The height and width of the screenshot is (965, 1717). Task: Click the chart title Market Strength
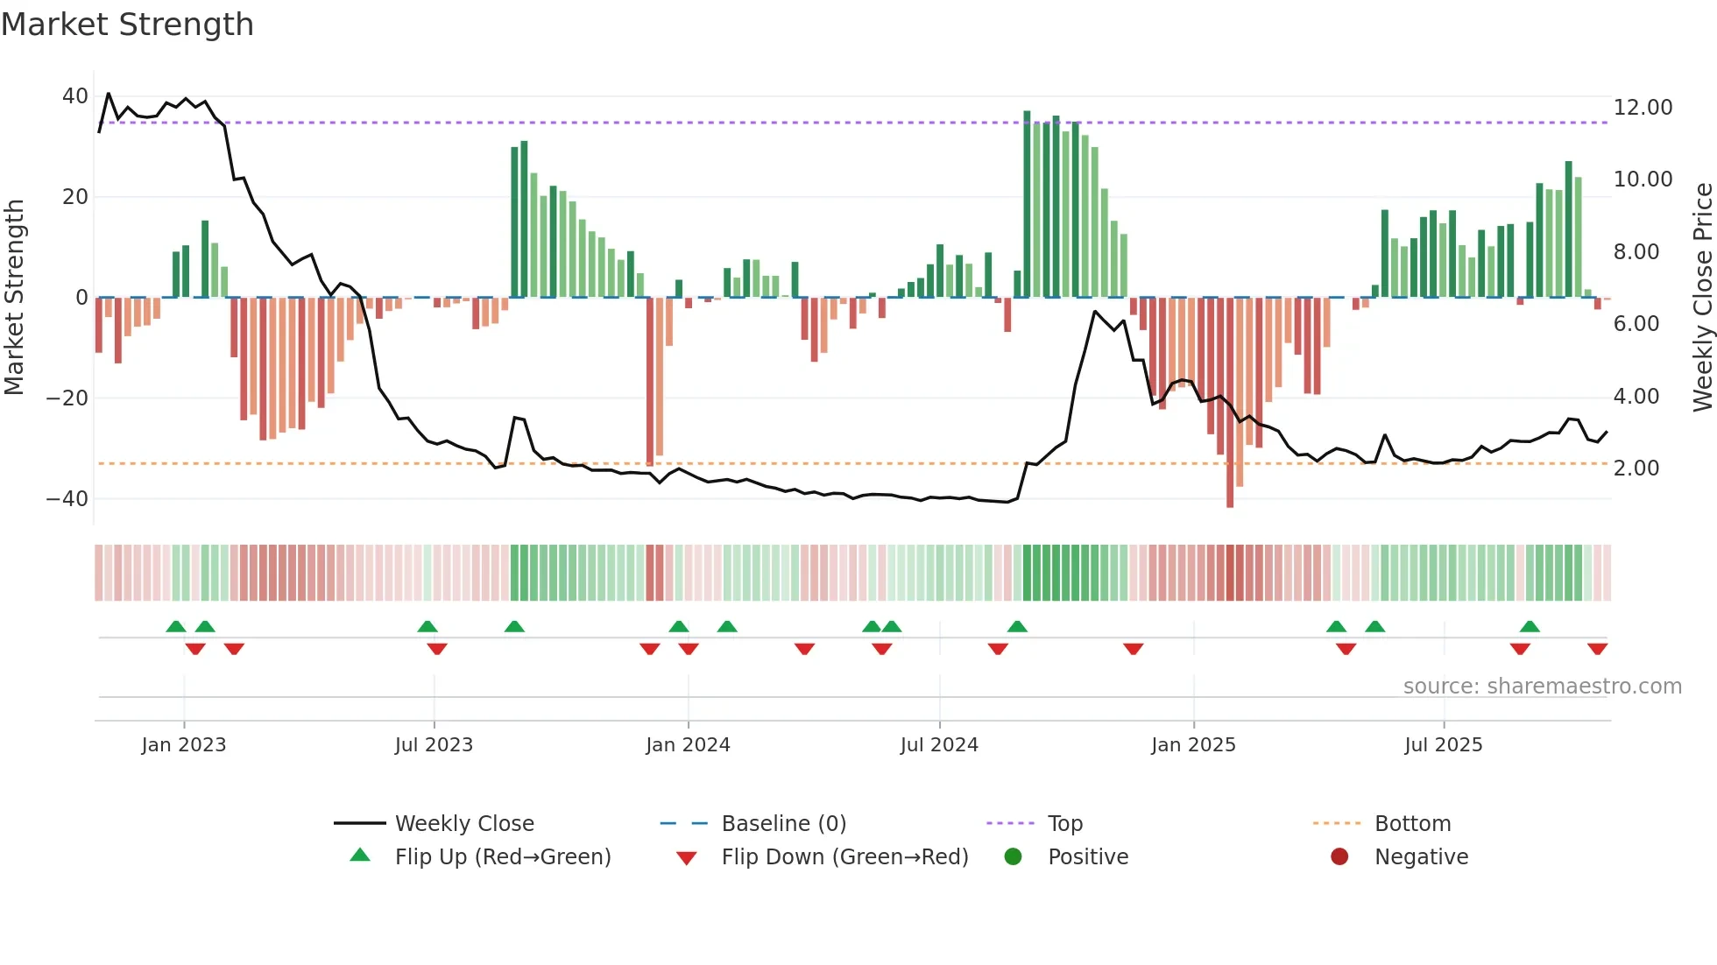(x=127, y=25)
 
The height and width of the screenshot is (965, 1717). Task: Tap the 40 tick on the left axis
(x=74, y=96)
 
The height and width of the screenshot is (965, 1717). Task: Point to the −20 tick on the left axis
(x=67, y=398)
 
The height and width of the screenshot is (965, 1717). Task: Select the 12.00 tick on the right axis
(x=1643, y=108)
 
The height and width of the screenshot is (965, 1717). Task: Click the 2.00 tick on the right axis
(x=1636, y=468)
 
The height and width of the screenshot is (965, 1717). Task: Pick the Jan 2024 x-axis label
(x=688, y=745)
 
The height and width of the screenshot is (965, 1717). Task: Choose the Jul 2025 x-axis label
(x=1443, y=745)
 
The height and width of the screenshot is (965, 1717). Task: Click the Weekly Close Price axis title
(x=1702, y=297)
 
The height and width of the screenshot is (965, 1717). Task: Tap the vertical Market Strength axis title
(x=14, y=297)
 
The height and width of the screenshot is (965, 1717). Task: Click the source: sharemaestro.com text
(x=1542, y=687)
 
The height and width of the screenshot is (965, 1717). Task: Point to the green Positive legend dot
(x=1014, y=857)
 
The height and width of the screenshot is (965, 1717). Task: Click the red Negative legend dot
(x=1339, y=857)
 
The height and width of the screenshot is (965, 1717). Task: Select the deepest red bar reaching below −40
(x=1230, y=403)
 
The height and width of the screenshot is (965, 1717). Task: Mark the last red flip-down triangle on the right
(x=1597, y=649)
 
